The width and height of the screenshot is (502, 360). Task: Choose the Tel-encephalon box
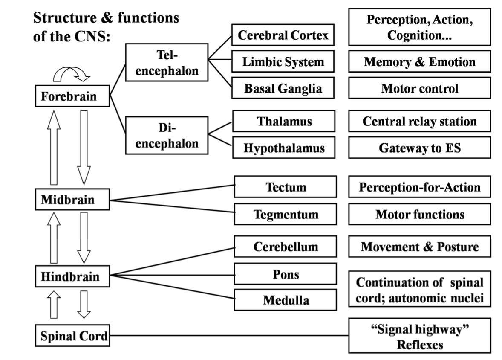pyautogui.click(x=167, y=62)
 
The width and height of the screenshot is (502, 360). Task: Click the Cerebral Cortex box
pyautogui.click(x=283, y=35)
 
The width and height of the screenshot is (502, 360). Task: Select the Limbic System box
pyautogui.click(x=283, y=62)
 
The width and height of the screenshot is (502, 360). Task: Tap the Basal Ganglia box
pyautogui.click(x=283, y=88)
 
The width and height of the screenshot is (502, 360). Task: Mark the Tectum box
pyautogui.click(x=286, y=187)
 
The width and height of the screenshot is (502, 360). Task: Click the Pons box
pyautogui.click(x=286, y=274)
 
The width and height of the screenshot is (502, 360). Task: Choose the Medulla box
pyautogui.click(x=286, y=300)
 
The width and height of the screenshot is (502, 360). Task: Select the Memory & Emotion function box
pyautogui.click(x=419, y=62)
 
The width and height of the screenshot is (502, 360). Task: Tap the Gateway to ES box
pyautogui.click(x=419, y=148)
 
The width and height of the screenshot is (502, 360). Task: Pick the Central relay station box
pyautogui.click(x=419, y=121)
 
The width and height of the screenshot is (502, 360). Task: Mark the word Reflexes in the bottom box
pyautogui.click(x=419, y=344)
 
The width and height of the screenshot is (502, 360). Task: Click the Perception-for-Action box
pyautogui.click(x=419, y=187)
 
